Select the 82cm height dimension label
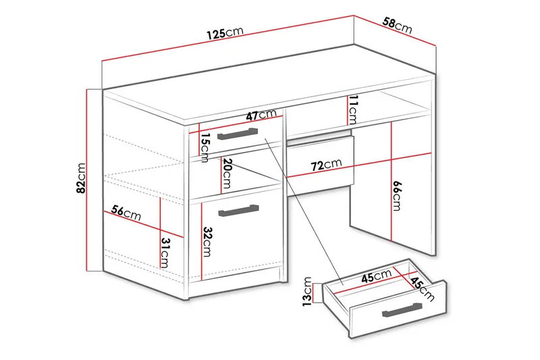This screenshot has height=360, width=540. (81, 178)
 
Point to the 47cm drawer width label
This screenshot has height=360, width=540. (261, 115)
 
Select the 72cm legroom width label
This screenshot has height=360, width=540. (326, 164)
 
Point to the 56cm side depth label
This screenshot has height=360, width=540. (126, 214)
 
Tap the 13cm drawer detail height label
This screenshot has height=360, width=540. (307, 292)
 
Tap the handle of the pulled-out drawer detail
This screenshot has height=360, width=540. (403, 309)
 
